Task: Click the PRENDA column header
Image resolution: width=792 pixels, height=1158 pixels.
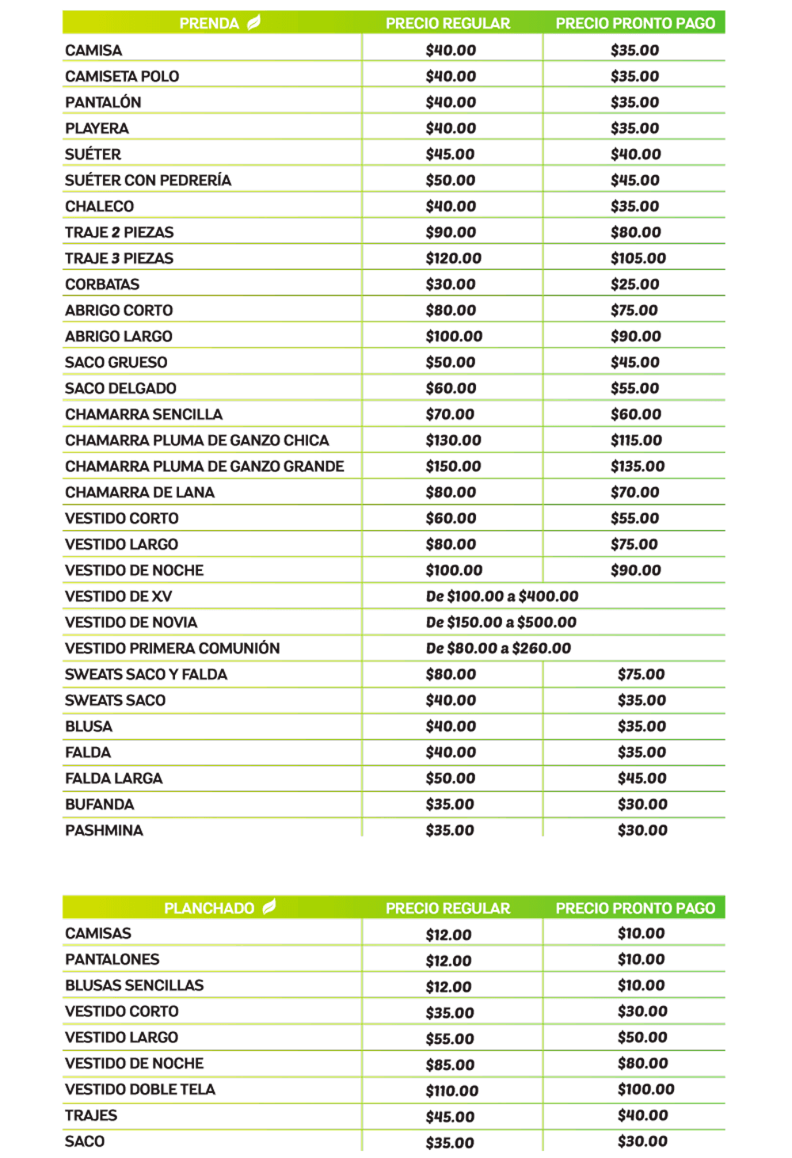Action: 209,23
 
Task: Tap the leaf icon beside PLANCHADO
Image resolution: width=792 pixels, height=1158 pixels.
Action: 269,906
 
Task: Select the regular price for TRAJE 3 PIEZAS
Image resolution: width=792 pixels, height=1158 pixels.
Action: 453,258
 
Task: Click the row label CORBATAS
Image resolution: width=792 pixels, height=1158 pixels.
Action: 102,284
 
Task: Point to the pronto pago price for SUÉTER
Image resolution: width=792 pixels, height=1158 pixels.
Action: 635,154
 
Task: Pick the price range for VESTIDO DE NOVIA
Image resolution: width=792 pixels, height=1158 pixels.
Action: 501,622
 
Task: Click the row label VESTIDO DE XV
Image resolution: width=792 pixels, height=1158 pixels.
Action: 118,596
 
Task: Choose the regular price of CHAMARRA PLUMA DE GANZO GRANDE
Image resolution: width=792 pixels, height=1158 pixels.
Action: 453,466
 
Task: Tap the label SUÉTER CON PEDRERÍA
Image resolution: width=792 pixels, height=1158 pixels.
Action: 148,181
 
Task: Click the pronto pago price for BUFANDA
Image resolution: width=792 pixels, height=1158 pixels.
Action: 642,804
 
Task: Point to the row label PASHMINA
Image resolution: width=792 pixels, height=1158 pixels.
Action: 104,830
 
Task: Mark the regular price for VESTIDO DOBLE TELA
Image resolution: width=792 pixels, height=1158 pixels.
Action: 451,1090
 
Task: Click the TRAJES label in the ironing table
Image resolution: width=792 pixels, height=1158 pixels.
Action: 91,1115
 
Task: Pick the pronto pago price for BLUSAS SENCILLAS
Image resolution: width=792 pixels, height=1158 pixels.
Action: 641,985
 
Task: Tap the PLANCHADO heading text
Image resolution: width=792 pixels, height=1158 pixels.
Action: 209,908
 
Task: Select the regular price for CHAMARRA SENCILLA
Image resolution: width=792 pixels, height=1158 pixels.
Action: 450,414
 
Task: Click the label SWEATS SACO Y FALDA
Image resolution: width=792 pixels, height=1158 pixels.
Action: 146,674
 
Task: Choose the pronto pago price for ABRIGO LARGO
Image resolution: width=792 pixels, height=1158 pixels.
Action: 635,336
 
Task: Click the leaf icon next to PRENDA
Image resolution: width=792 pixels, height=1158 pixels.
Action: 253,22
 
